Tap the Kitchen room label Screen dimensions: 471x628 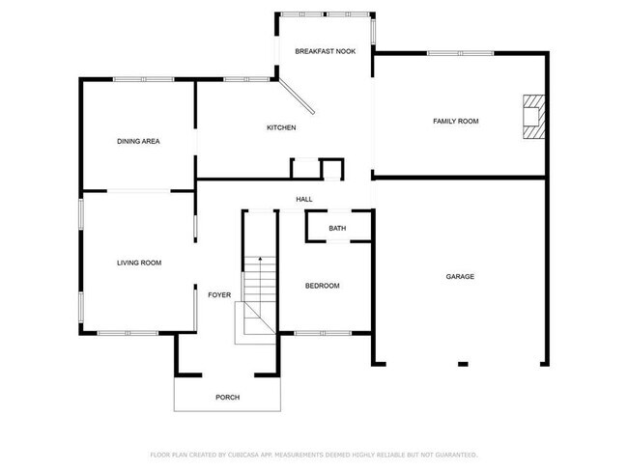click(281, 128)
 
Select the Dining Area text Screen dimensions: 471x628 click(138, 141)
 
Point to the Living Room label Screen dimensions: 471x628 click(138, 263)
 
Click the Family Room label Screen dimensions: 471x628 click(455, 121)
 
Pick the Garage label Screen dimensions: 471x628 click(460, 276)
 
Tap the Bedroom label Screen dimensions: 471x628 click(322, 286)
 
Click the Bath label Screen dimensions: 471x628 click(337, 229)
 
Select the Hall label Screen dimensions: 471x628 click(304, 200)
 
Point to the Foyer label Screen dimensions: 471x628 click(219, 294)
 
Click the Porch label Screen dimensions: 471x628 click(227, 397)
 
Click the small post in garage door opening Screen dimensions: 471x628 click(462, 364)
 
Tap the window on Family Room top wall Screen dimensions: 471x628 click(460, 53)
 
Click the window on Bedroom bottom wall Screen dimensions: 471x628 click(322, 333)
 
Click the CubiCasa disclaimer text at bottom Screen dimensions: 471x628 click(314, 454)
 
